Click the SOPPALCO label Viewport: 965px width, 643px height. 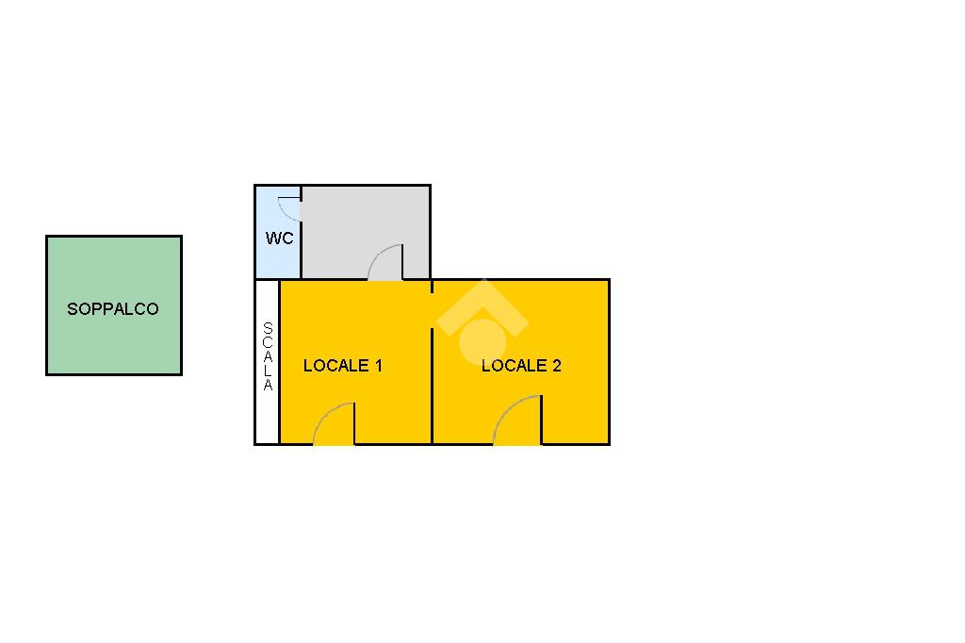click(113, 309)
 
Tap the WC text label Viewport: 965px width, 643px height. click(279, 239)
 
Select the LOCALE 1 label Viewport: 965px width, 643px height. click(342, 366)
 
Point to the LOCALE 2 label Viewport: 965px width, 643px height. click(521, 366)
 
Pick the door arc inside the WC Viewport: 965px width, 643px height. click(289, 208)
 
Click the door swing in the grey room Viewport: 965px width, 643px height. click(385, 262)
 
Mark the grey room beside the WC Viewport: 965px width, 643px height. click(368, 222)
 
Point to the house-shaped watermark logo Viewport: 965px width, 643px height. click(482, 321)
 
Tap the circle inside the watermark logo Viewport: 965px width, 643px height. click(482, 339)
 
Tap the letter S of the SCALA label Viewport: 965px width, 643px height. click(268, 328)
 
